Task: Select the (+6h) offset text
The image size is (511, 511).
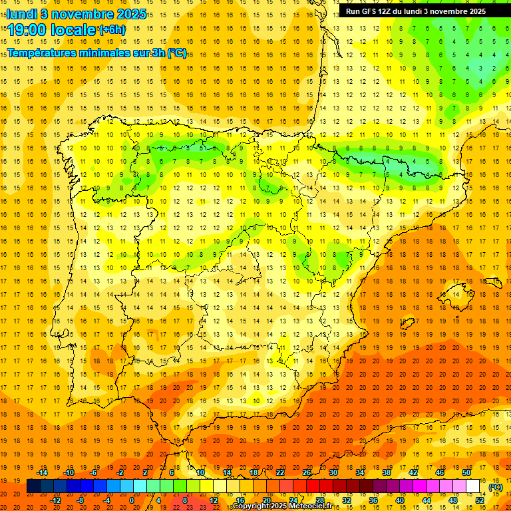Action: tap(112, 30)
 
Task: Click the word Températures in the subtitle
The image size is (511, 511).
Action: tap(43, 53)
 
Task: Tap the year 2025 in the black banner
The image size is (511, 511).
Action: tap(474, 11)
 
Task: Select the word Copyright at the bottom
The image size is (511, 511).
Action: tap(252, 506)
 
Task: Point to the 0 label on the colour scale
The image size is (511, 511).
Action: tap(132, 500)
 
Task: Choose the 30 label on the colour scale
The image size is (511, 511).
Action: tap(333, 472)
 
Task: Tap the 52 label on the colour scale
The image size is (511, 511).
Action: tap(480, 500)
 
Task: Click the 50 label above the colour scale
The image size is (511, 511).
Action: tap(466, 472)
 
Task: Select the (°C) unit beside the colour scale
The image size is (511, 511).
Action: tap(495, 487)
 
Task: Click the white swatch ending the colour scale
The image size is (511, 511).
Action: tap(473, 486)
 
